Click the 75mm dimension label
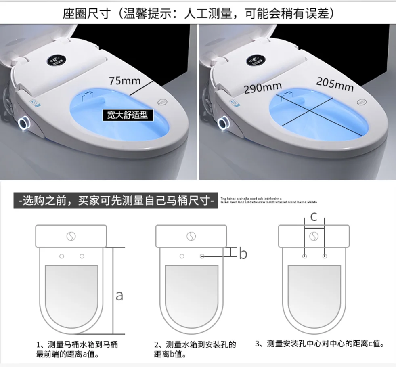click(x=125, y=80)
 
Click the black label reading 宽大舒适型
click(x=125, y=115)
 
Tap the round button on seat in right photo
click(x=362, y=102)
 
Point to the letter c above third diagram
click(x=314, y=217)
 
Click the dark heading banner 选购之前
click(x=116, y=200)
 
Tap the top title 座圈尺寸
click(x=198, y=13)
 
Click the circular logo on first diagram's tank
click(x=71, y=236)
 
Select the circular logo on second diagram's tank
click(x=191, y=236)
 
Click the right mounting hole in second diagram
click(x=202, y=256)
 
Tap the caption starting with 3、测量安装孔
click(x=319, y=344)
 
